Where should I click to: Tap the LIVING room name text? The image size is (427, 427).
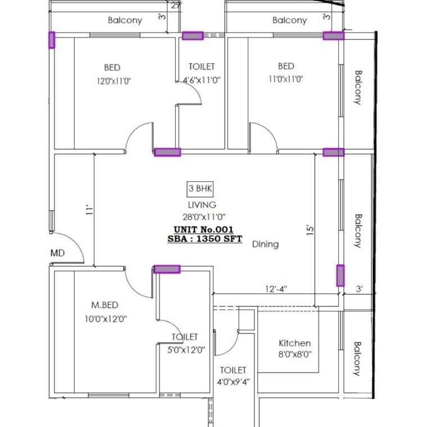coord(202,205)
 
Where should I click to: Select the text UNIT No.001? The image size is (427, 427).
coord(203,229)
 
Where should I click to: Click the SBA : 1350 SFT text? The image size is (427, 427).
coord(205,238)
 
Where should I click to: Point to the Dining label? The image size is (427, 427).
coord(265,244)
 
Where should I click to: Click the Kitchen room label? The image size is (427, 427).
coord(295,343)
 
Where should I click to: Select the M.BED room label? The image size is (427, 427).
coord(105,305)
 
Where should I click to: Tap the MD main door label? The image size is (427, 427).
coord(57,253)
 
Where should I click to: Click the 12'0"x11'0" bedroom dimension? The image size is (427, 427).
coord(113,81)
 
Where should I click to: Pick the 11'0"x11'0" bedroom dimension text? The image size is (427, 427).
coord(285,80)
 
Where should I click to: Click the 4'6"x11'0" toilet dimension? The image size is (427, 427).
coord(202,80)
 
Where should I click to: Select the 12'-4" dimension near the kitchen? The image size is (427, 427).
coord(276,289)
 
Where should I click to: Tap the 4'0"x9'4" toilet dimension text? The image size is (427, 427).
coord(233,382)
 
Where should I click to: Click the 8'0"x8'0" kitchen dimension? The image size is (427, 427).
coord(294,355)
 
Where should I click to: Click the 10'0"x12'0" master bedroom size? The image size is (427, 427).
coord(105,319)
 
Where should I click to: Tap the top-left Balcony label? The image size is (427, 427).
coord(125,20)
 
